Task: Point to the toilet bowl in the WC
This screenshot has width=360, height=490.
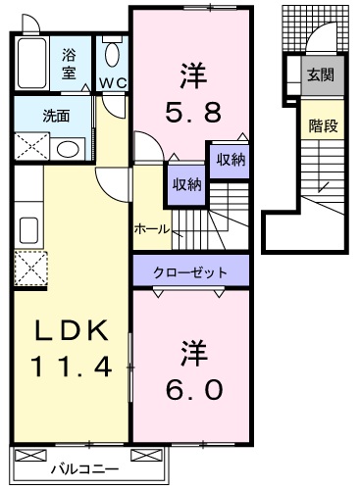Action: (111, 54)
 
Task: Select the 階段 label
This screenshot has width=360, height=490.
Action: (320, 124)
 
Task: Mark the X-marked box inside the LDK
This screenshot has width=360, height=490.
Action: (29, 267)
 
